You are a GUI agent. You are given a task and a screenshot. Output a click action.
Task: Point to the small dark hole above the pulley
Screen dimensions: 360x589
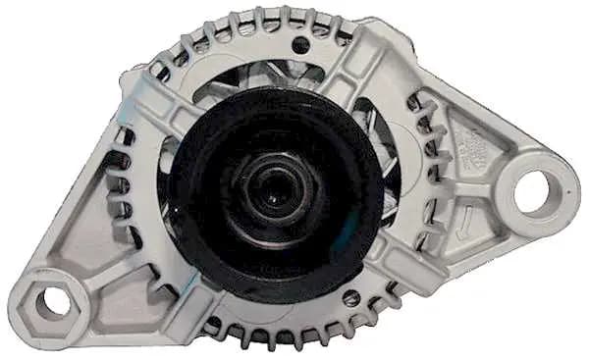pos(299,44)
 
